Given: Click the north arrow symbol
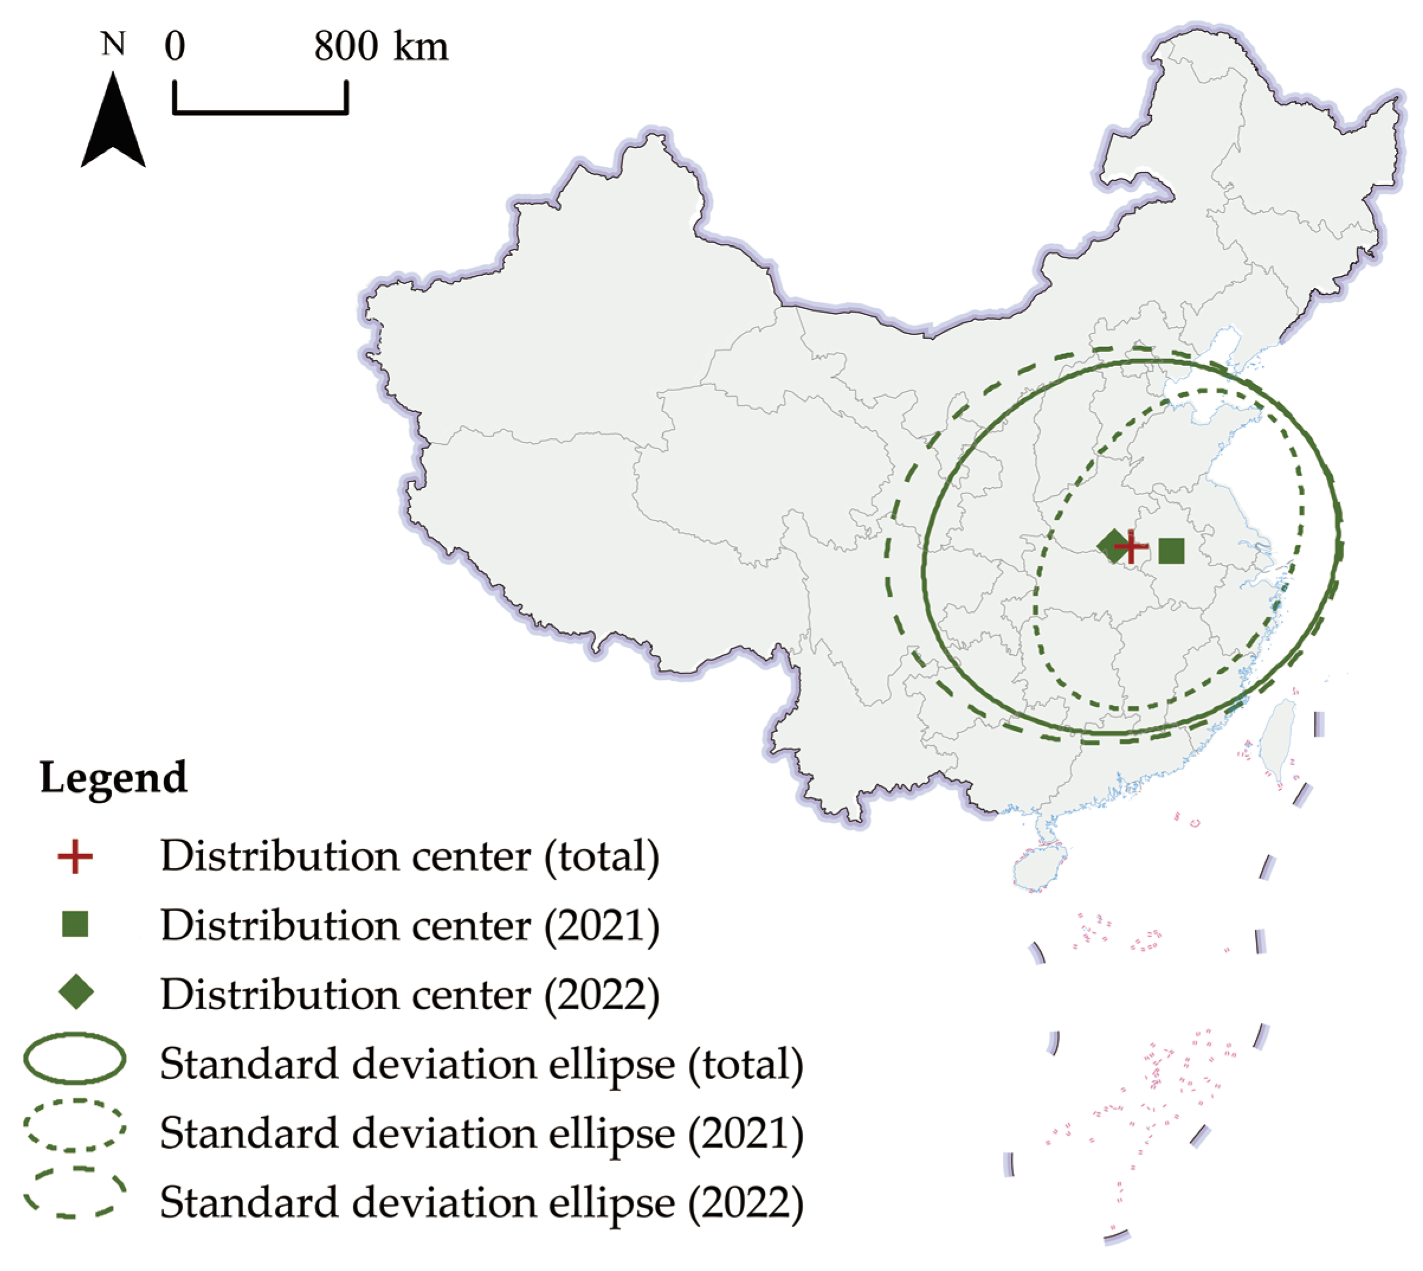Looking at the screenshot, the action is [x=113, y=126].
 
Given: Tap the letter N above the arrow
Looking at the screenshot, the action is [x=113, y=44].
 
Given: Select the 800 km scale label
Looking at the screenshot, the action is [x=381, y=47].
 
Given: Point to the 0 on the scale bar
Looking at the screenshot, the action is [x=175, y=47].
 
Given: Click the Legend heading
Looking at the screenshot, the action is [x=114, y=777].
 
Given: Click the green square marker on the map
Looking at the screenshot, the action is [x=1171, y=551].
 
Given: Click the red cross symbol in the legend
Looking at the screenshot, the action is [x=75, y=856].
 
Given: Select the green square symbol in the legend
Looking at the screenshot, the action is [x=75, y=925].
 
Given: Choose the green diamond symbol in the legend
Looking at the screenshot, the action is [x=75, y=993].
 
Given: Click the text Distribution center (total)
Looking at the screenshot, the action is [x=410, y=856].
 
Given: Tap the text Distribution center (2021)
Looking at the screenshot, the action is [x=410, y=925].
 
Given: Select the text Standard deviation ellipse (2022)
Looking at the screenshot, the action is [x=482, y=1202].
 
